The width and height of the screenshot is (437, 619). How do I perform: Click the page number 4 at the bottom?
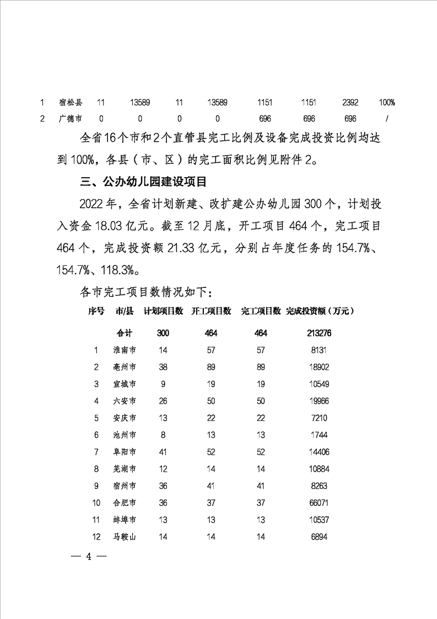(x=88, y=556)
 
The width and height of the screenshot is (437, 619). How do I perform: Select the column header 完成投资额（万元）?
(x=320, y=311)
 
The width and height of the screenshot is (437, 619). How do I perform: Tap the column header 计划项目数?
(x=163, y=311)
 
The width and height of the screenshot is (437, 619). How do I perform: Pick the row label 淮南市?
(x=125, y=350)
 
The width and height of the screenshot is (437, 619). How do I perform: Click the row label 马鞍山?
(x=125, y=536)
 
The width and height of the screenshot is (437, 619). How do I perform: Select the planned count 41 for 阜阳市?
(x=163, y=452)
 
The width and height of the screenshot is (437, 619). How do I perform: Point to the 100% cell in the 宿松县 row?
(x=387, y=102)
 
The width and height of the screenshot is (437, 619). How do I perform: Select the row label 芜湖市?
(x=125, y=469)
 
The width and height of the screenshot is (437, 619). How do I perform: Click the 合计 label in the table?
(x=125, y=333)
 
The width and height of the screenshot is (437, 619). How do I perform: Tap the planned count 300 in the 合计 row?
(x=163, y=333)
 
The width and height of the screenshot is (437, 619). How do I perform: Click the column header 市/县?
(x=125, y=311)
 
